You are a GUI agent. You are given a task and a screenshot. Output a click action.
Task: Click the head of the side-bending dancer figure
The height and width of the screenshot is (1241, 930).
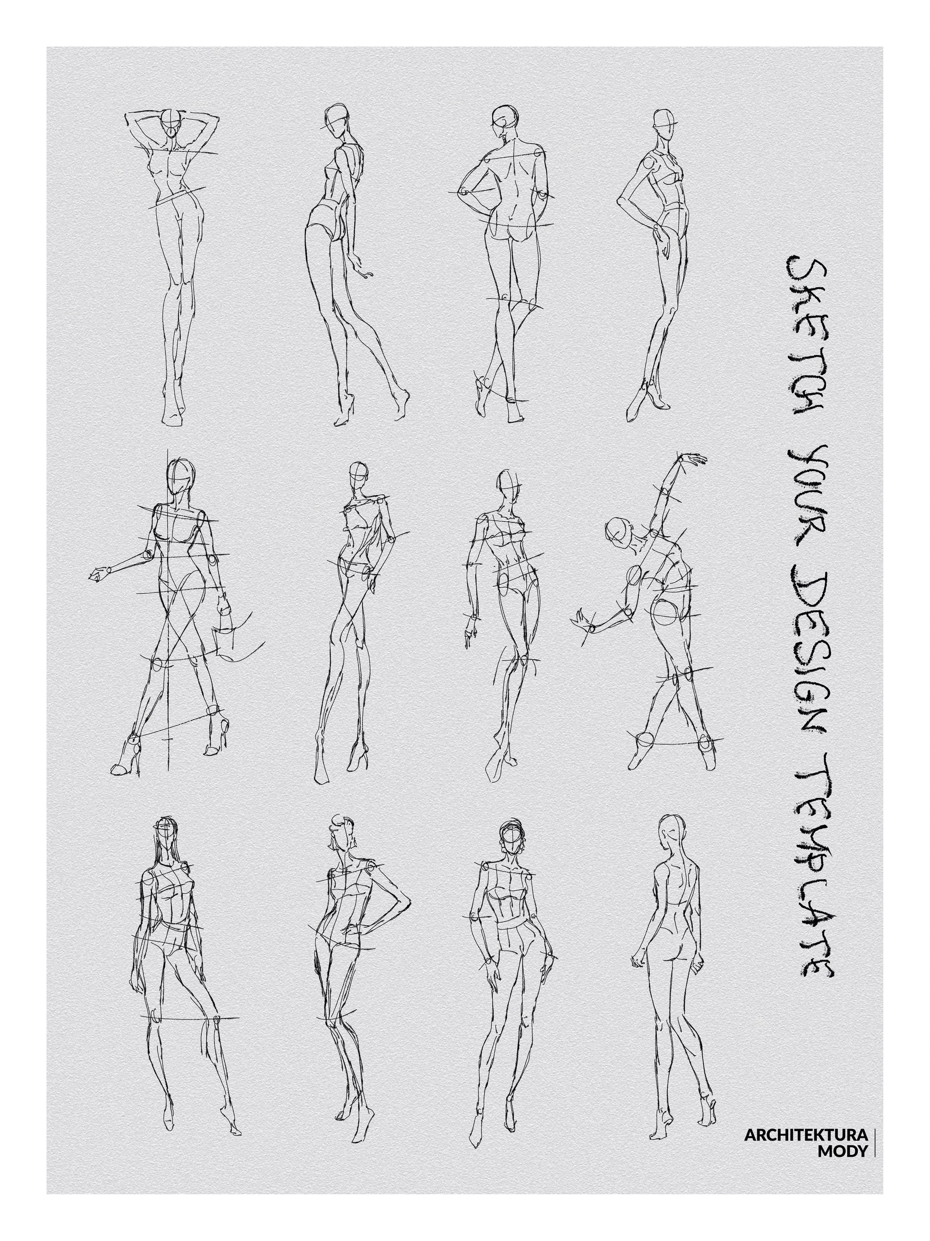(x=618, y=530)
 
